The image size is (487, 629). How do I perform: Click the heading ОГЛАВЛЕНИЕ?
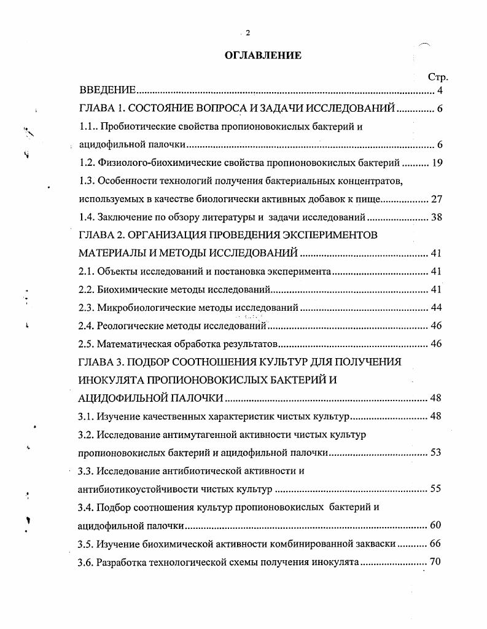click(263, 55)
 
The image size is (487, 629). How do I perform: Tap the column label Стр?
click(438, 77)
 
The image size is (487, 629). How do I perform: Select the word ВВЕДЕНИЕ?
click(107, 92)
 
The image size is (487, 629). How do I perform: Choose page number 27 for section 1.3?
click(437, 199)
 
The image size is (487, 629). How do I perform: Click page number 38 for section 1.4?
click(437, 217)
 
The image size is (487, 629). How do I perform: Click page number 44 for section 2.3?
click(437, 307)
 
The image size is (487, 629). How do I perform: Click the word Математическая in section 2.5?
click(133, 343)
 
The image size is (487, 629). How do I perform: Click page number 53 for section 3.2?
click(437, 453)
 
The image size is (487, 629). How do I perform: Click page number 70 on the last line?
click(437, 561)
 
